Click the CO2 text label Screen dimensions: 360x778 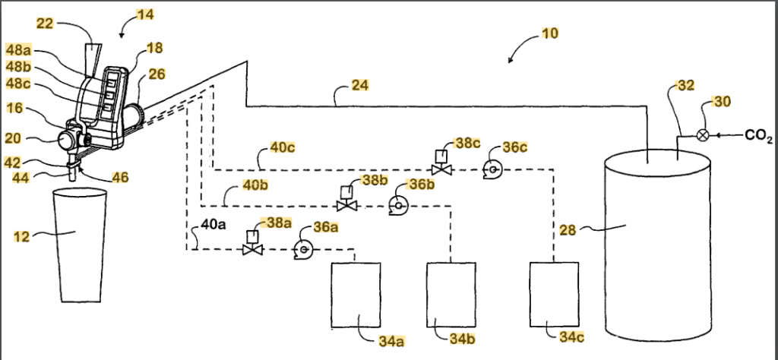point(759,136)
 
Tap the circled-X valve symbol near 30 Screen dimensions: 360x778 point(703,136)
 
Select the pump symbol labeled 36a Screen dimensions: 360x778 point(304,249)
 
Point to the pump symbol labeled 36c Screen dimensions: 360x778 point(491,170)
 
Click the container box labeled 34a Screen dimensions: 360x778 point(353,295)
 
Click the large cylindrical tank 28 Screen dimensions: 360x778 point(658,251)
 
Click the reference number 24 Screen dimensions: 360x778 point(360,86)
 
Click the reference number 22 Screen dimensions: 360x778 point(45,24)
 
